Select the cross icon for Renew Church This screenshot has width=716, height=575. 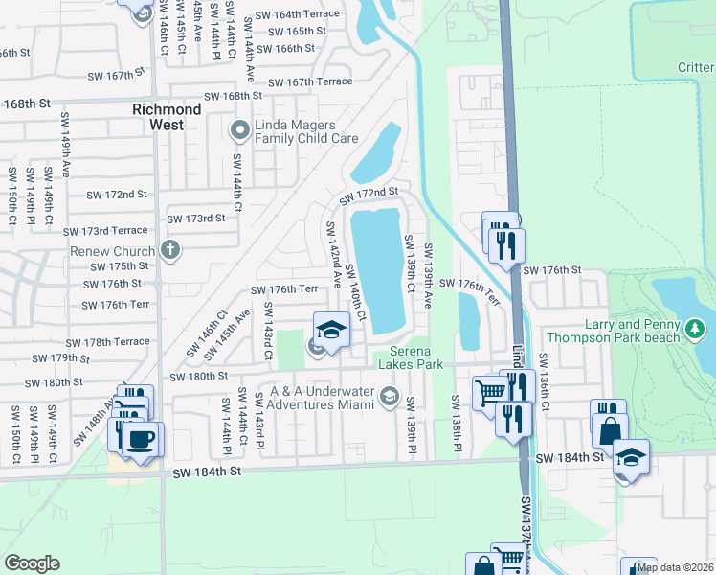tap(170, 251)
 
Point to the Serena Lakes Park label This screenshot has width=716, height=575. tap(410, 357)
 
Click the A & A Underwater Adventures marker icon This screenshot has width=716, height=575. tap(389, 395)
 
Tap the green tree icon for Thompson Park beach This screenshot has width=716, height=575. tap(696, 331)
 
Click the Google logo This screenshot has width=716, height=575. tap(32, 563)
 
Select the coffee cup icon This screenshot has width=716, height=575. tap(141, 441)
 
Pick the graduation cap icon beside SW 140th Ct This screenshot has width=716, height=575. tap(332, 330)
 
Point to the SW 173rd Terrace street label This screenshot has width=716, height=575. tap(106, 232)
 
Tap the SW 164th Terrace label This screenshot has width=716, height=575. tap(291, 14)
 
